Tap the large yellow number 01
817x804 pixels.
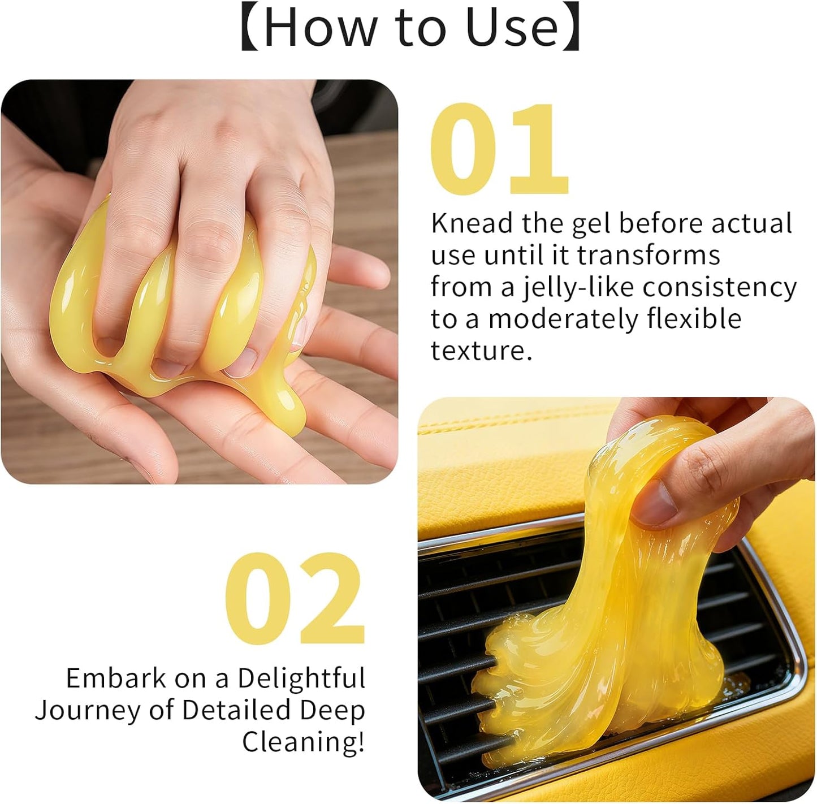(x=499, y=150)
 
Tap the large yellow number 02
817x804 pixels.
(x=294, y=599)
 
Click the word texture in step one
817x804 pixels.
(x=481, y=351)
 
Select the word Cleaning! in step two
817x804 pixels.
(x=304, y=742)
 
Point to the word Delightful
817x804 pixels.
(x=301, y=678)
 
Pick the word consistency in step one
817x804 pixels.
(x=719, y=287)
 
